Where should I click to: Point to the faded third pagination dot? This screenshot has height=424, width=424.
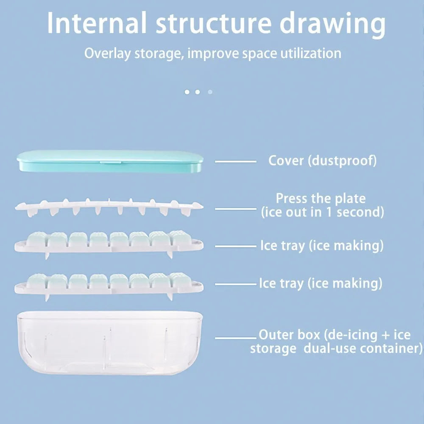tap(210, 92)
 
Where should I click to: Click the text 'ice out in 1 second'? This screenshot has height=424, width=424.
tap(322, 212)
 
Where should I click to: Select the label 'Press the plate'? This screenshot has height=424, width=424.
tap(321, 198)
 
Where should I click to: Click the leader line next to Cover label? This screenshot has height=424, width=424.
tap(236, 162)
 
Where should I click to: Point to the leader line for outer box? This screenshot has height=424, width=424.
tap(236, 338)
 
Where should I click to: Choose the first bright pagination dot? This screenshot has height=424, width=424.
tap(187, 92)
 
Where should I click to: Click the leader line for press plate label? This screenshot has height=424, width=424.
tap(236, 208)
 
